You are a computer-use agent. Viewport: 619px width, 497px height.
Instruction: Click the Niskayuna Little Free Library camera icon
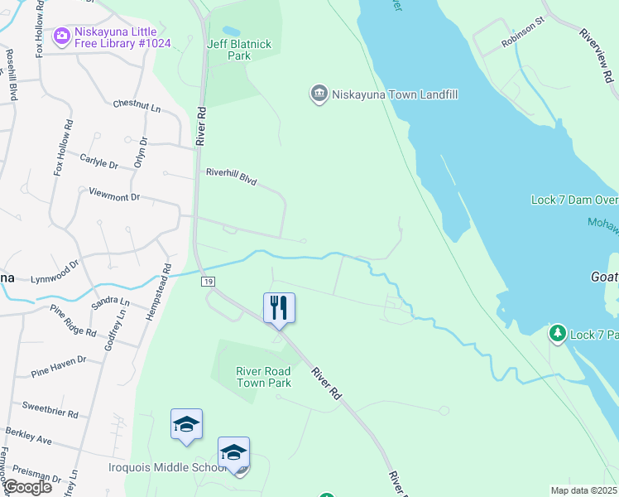tap(62, 36)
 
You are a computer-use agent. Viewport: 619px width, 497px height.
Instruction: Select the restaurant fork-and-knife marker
tap(280, 307)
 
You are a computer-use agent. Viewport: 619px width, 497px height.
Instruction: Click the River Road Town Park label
tap(264, 377)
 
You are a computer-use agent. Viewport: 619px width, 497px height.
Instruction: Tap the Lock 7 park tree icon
tap(558, 334)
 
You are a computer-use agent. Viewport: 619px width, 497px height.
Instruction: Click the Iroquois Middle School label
tap(168, 467)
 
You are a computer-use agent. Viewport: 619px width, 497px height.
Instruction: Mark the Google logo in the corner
tap(26, 487)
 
